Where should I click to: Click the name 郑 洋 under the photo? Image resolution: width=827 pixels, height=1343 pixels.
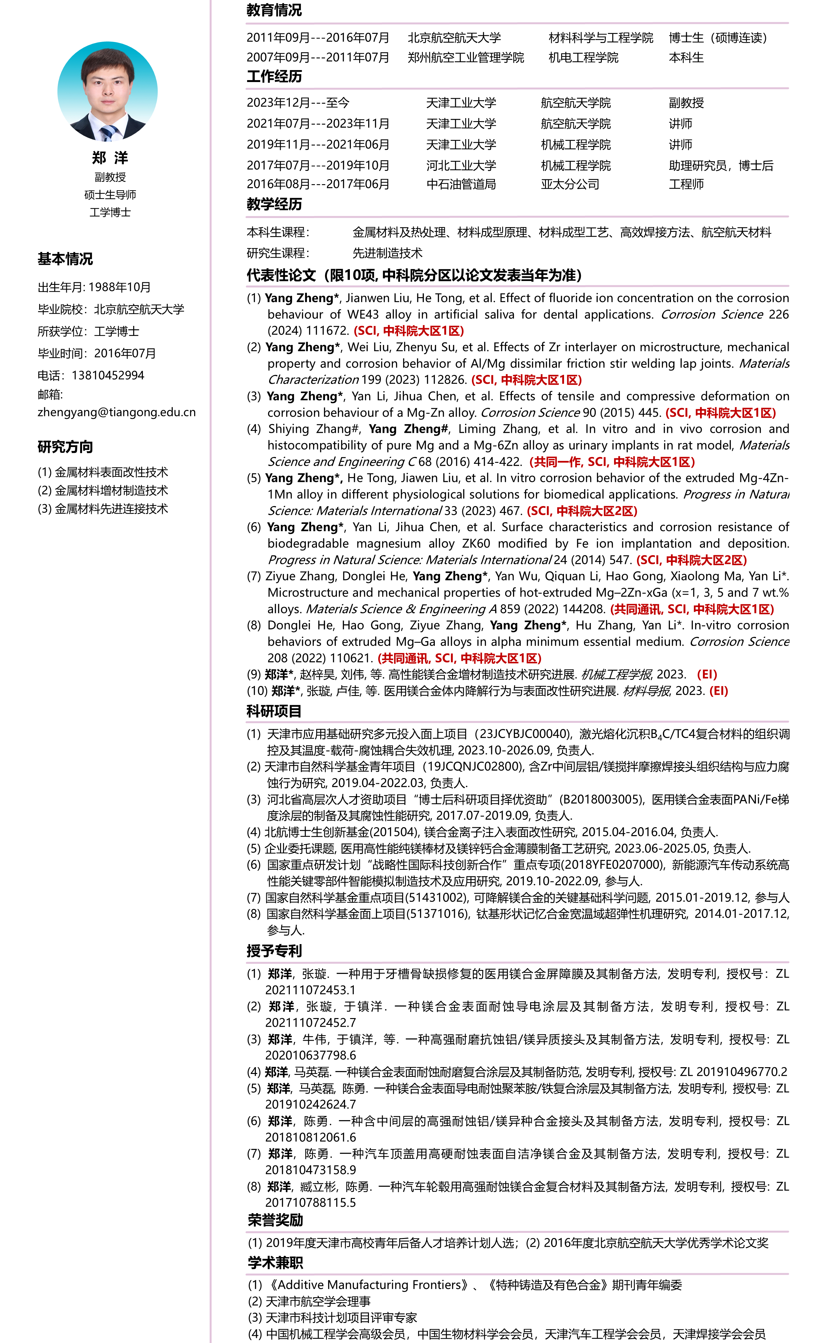[110, 158]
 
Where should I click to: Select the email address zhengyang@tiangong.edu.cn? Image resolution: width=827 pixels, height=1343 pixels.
[117, 412]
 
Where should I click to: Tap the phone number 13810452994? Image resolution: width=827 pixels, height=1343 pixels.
[108, 375]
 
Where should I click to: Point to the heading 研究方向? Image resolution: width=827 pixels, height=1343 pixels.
[65, 447]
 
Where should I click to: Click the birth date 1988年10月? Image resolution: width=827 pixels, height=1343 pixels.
[120, 287]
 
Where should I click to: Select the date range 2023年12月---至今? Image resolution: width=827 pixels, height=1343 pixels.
[298, 103]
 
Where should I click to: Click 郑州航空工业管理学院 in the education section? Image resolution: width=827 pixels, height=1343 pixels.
[466, 57]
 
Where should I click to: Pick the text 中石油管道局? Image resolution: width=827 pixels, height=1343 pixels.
[461, 184]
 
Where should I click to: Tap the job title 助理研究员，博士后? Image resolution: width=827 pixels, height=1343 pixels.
[721, 166]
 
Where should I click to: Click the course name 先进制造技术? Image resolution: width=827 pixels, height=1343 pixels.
[387, 253]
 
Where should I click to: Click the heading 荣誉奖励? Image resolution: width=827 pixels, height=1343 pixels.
[275, 1220]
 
